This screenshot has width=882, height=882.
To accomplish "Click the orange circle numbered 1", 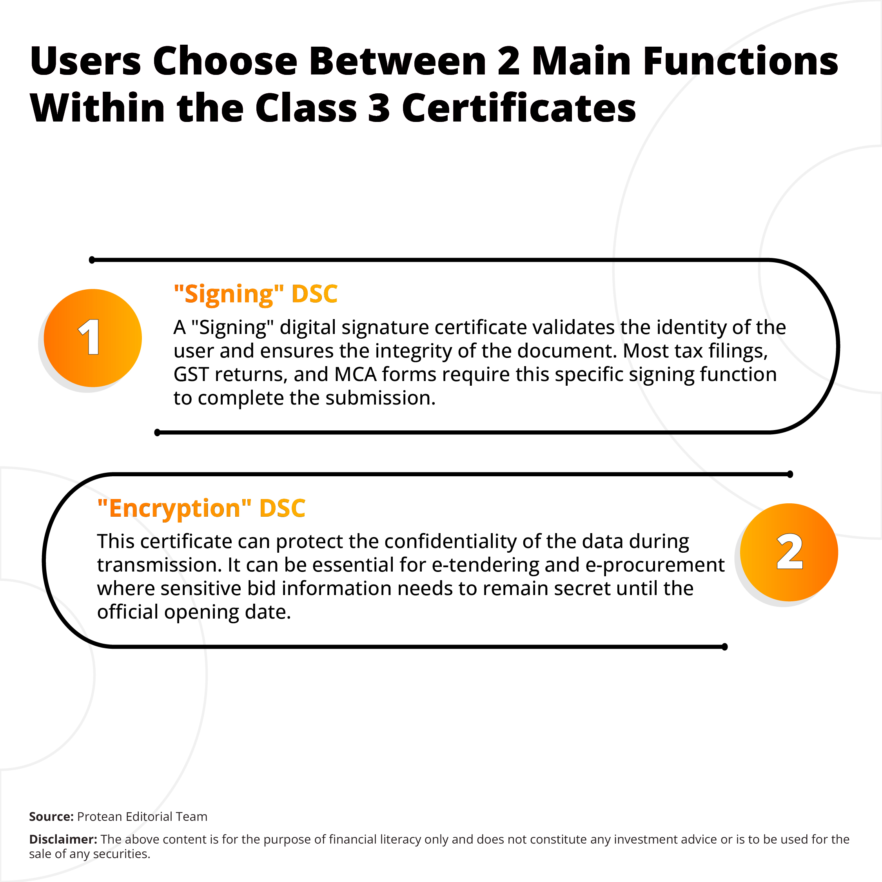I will click(x=93, y=338).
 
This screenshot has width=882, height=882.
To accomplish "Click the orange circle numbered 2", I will click(x=789, y=552).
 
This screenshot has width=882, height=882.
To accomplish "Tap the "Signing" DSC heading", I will click(x=256, y=294).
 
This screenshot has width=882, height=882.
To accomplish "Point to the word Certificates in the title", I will click(x=519, y=109).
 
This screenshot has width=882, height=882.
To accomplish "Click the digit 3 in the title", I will click(x=379, y=109).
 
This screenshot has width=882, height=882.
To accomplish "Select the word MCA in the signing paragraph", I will click(x=356, y=374).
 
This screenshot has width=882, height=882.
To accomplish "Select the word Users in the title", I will click(x=86, y=61).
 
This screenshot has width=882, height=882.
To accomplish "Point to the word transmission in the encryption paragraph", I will click(x=159, y=565).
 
